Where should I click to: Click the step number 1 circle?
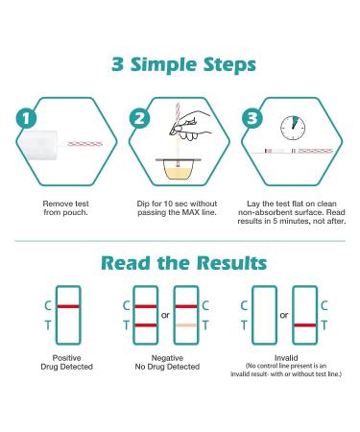26,118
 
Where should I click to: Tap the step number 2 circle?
139,118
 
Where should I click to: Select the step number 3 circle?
252,118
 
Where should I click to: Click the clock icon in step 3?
293,128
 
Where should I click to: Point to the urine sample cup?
179,169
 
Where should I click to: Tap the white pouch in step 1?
38,145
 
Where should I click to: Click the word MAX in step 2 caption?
191,212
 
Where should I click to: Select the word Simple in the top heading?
163,64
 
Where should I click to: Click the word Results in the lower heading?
231,263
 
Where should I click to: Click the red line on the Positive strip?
68,306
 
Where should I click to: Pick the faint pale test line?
186,325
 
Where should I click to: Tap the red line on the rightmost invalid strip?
305,325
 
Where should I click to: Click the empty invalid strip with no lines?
264,315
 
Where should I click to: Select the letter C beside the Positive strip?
48,306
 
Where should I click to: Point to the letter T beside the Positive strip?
48,325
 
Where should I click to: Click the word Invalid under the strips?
286,358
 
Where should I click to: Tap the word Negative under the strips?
167,358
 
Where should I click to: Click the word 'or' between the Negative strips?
165,316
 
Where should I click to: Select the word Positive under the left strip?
66,358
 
